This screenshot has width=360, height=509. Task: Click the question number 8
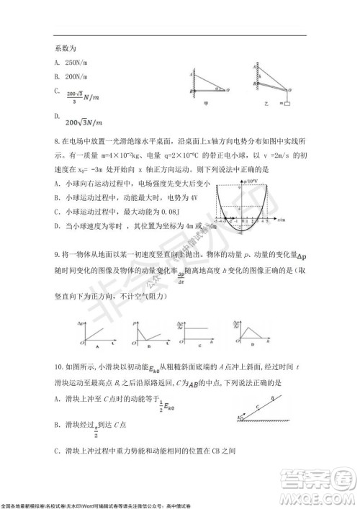point(56,142)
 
